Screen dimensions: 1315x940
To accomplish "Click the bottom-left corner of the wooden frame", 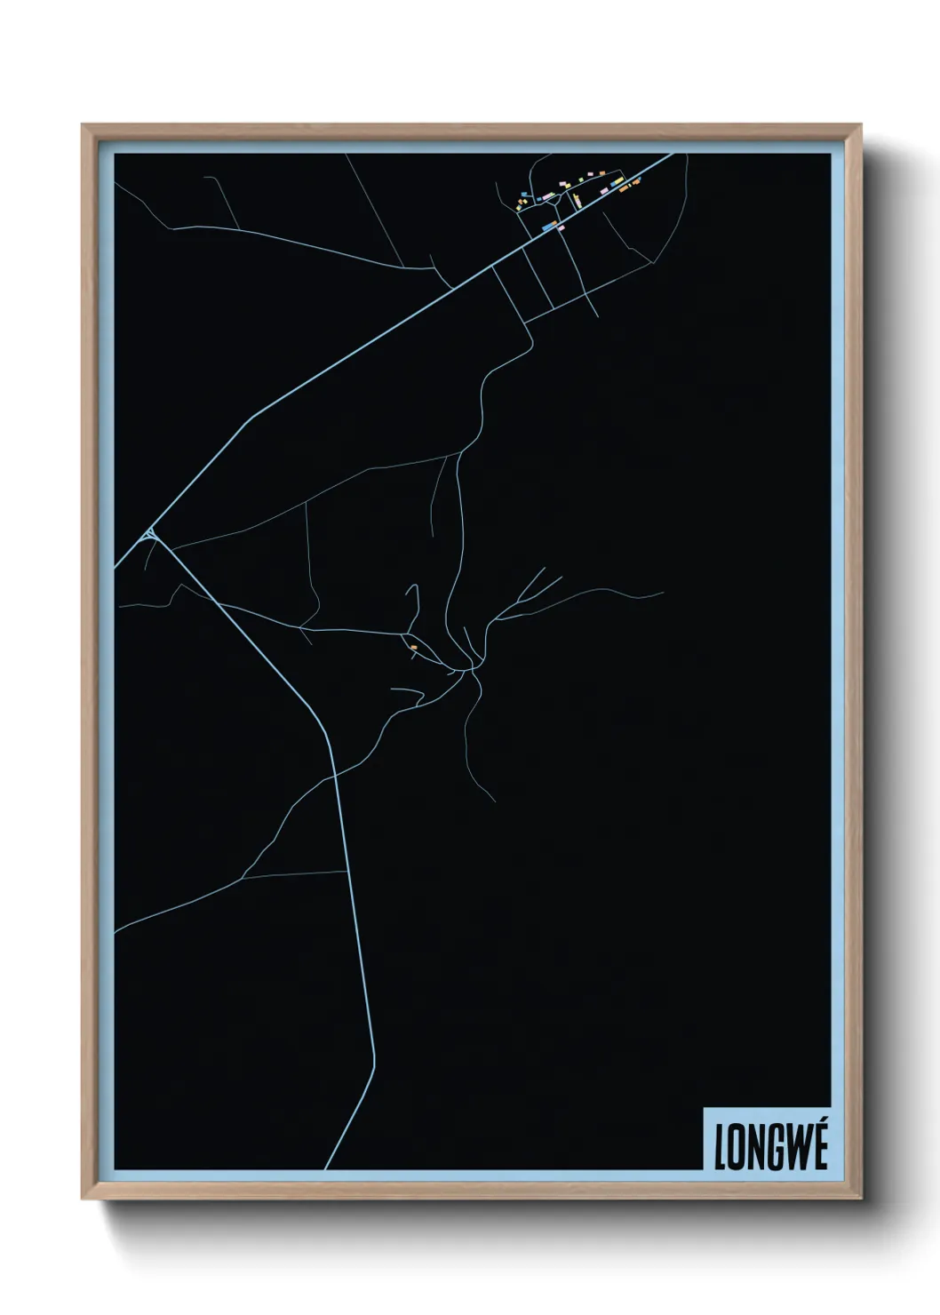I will pos(84,1197).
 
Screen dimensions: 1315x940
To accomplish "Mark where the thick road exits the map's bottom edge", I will pos(326,1168).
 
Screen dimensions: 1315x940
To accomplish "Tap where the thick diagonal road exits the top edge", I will pos(673,155).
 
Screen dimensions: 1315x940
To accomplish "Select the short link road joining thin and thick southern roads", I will pos(293,874).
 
